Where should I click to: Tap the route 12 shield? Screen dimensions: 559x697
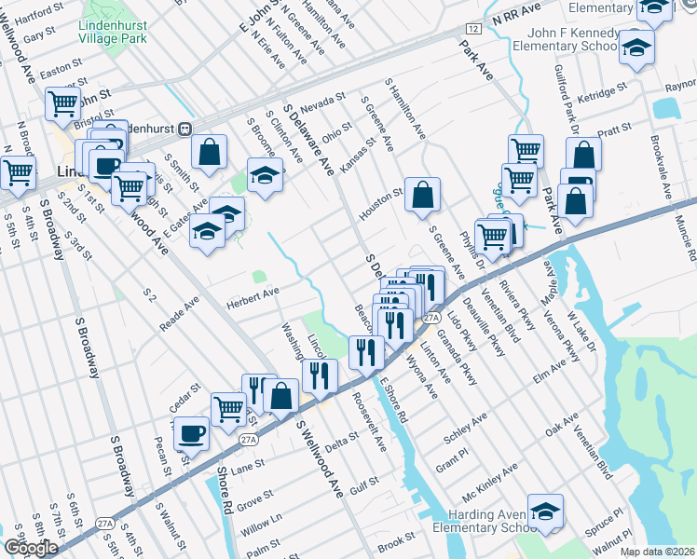coord(474,30)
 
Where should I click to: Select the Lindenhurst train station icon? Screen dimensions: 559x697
coord(185,130)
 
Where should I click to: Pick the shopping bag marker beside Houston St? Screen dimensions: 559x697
coord(423,195)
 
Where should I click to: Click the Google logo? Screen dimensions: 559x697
coord(31,548)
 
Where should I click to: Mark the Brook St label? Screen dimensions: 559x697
coord(396,539)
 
